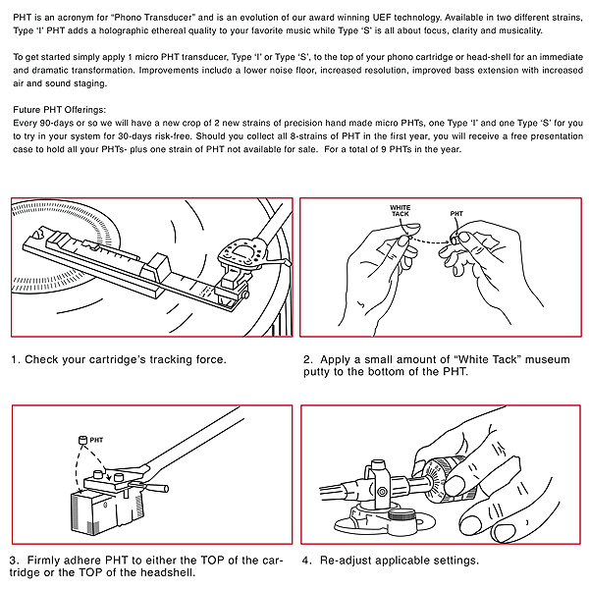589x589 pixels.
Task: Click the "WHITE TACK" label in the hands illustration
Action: point(400,211)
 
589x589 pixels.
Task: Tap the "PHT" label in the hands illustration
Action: point(455,213)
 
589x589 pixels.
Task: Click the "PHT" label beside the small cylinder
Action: point(97,442)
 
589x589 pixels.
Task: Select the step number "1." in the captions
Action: point(16,359)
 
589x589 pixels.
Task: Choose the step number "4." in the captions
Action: point(307,561)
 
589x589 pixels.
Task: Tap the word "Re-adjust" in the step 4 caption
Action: point(348,561)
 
